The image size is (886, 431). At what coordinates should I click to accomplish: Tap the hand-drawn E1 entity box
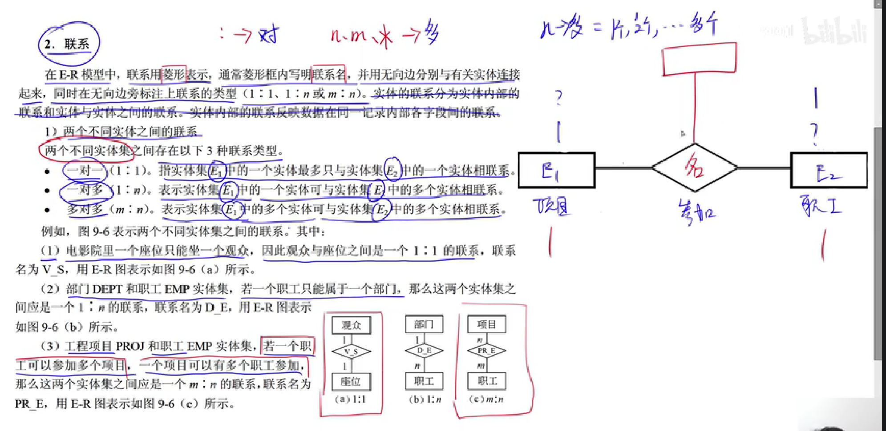pyautogui.click(x=556, y=170)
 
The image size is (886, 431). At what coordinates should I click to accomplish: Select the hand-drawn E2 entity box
pyautogui.click(x=829, y=170)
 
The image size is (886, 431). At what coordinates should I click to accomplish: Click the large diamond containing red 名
pyautogui.click(x=694, y=168)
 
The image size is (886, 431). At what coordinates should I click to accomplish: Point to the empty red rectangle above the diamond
pyautogui.click(x=699, y=59)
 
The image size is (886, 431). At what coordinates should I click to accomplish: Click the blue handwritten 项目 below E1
pyautogui.click(x=552, y=207)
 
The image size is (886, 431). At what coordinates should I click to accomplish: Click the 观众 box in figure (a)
pyautogui.click(x=351, y=325)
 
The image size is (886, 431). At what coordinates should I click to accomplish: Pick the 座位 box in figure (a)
pyautogui.click(x=351, y=381)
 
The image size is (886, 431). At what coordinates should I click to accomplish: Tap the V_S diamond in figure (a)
pyautogui.click(x=351, y=351)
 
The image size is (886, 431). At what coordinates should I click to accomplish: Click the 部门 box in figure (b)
pyautogui.click(x=424, y=324)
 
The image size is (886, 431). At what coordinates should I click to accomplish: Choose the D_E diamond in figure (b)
pyautogui.click(x=424, y=351)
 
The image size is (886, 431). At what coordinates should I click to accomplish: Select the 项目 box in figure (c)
pyautogui.click(x=486, y=324)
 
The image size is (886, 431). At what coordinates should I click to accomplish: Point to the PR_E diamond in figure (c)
pyautogui.click(x=486, y=351)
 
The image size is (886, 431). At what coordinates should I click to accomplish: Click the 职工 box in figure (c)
pyautogui.click(x=487, y=381)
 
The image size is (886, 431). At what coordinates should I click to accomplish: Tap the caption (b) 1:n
pyautogui.click(x=425, y=399)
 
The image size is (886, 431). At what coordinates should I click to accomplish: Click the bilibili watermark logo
pyautogui.click(x=834, y=31)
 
